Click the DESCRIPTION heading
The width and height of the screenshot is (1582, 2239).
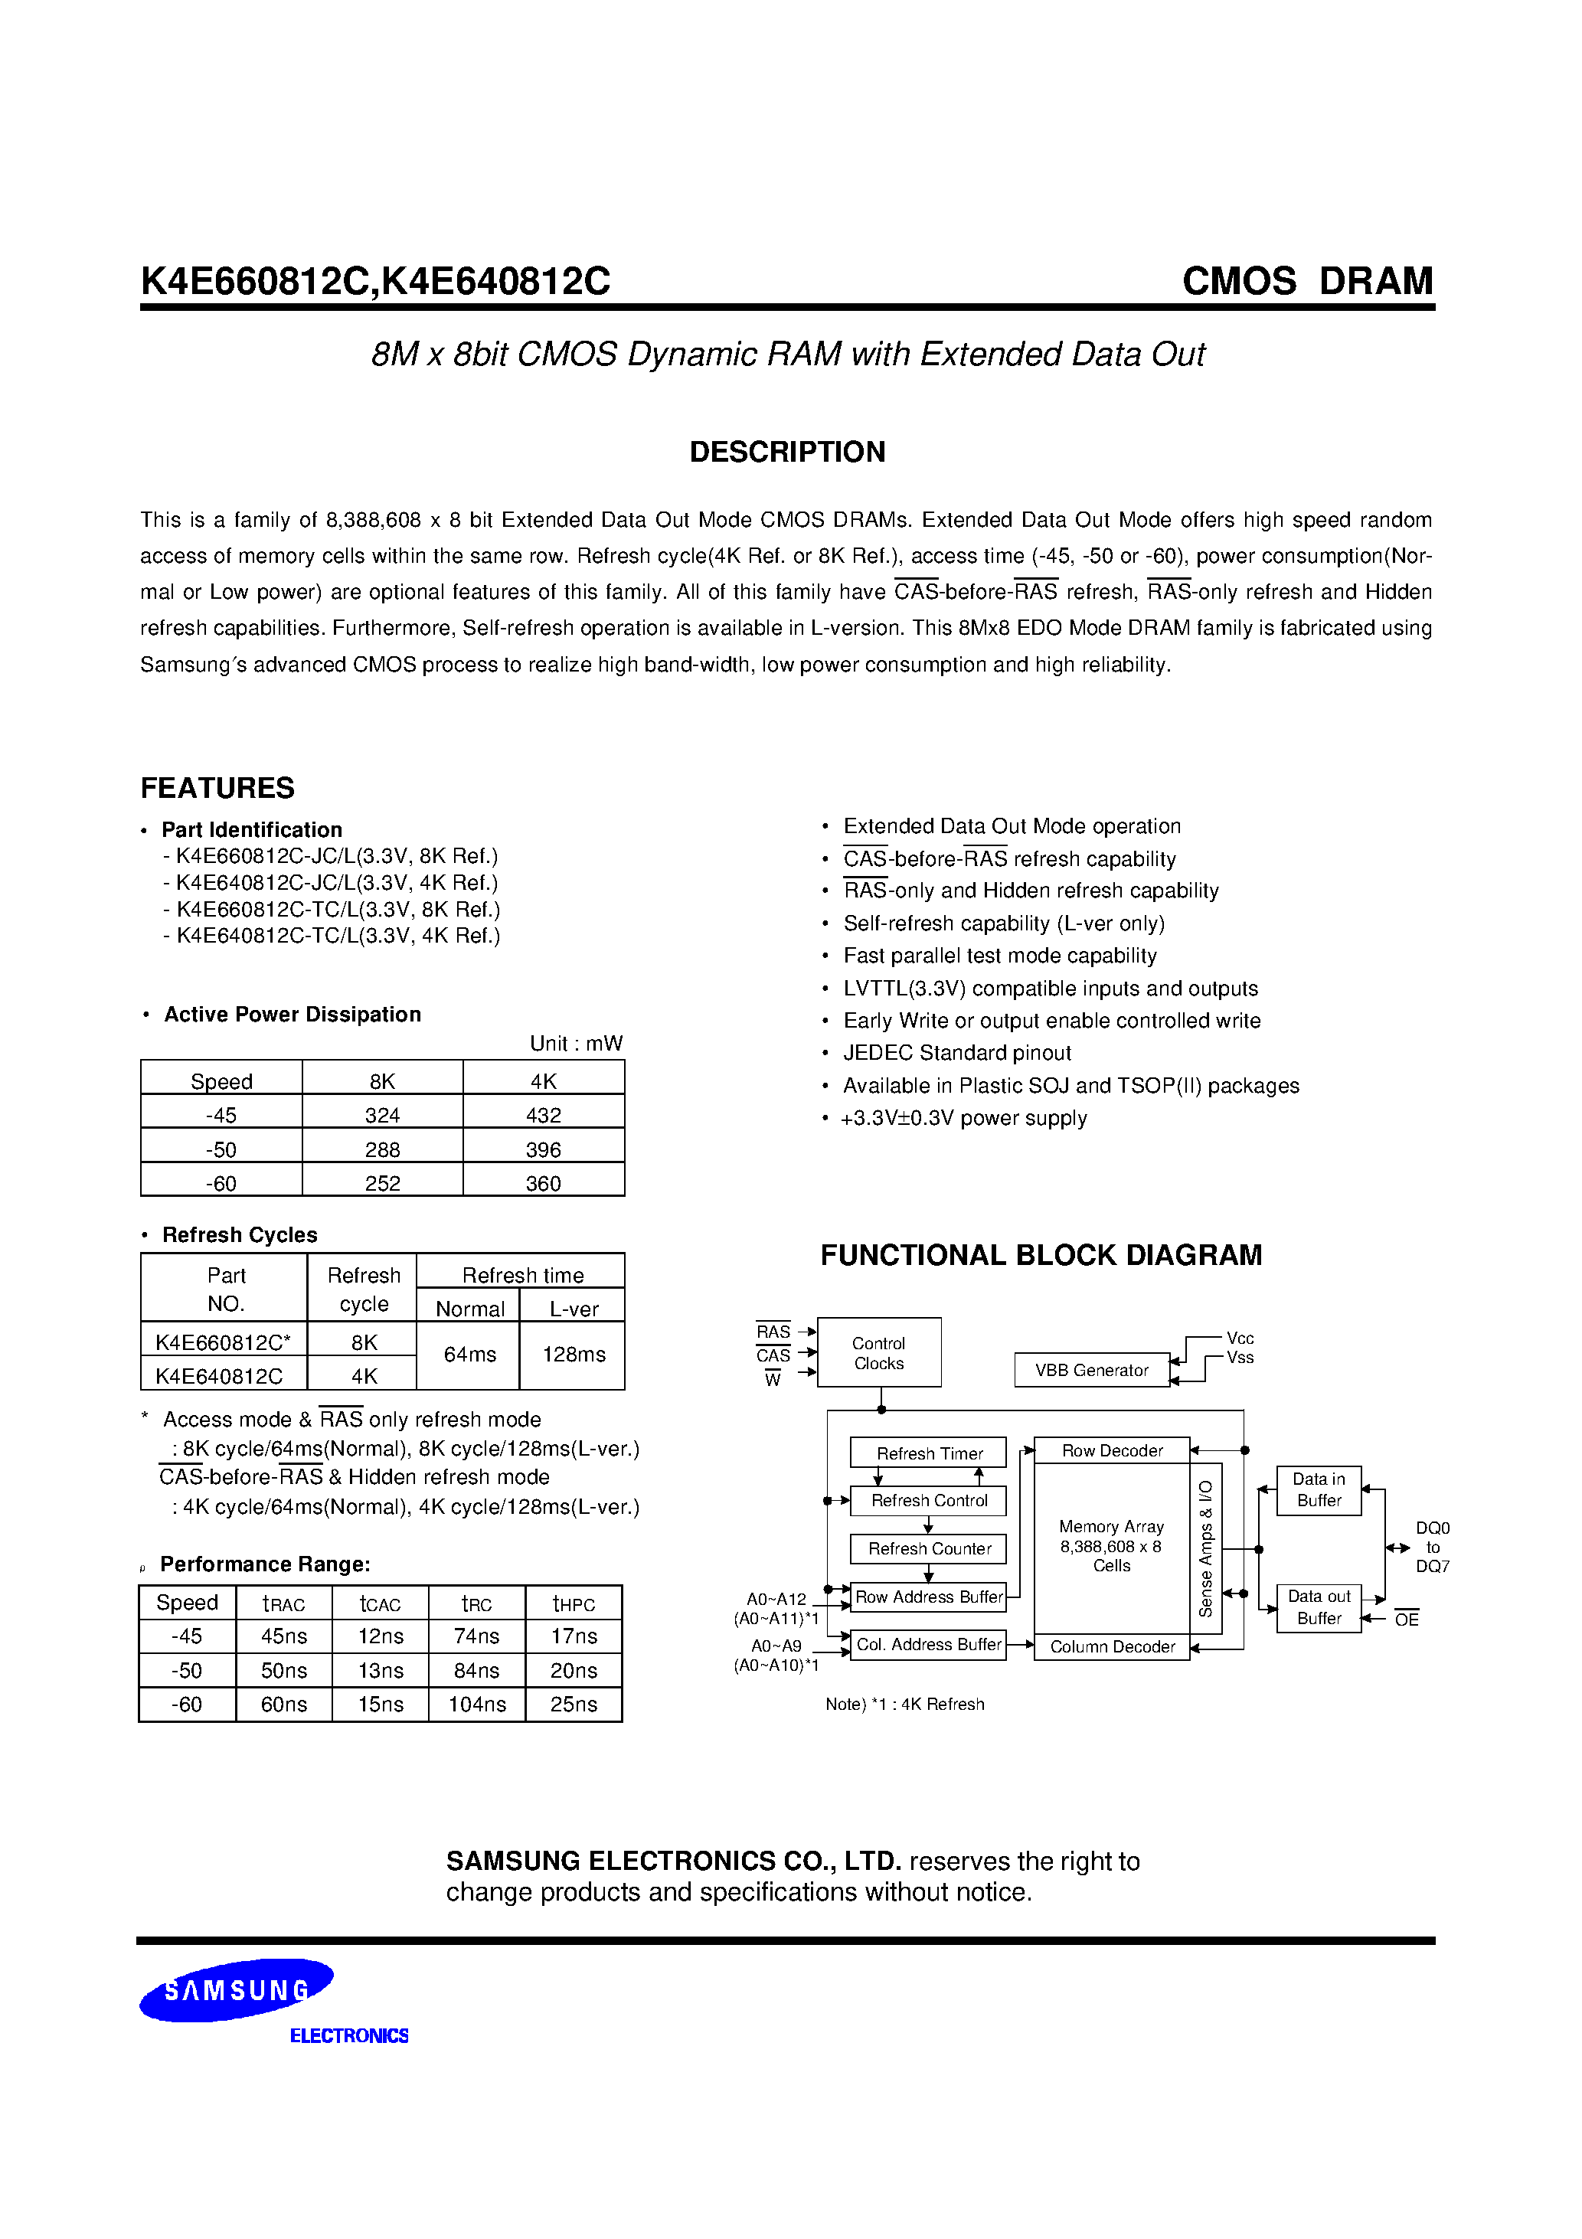point(787,452)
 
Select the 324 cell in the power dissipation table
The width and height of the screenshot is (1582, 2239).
point(382,1115)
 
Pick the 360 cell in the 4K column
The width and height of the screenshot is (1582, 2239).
point(543,1183)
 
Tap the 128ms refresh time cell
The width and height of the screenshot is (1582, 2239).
point(574,1355)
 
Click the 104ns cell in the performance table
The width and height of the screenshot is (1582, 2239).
point(477,1704)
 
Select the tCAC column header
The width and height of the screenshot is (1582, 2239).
point(381,1604)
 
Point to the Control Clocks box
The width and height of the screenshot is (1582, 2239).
point(879,1352)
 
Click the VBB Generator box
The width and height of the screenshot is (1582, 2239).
point(1091,1370)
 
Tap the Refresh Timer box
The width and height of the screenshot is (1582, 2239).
point(929,1453)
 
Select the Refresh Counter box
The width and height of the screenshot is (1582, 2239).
point(929,1548)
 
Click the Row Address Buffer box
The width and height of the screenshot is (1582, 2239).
point(929,1597)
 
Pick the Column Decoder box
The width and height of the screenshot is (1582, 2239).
point(1112,1647)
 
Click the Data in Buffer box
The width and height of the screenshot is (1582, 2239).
point(1319,1490)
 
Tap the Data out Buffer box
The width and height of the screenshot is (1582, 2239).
point(1319,1607)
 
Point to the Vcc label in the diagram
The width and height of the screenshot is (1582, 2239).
point(1240,1338)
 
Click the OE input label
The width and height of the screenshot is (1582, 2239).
point(1407,1620)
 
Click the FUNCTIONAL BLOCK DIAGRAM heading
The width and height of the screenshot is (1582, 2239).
point(1041,1255)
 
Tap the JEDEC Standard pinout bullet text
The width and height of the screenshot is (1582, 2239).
point(957,1053)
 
